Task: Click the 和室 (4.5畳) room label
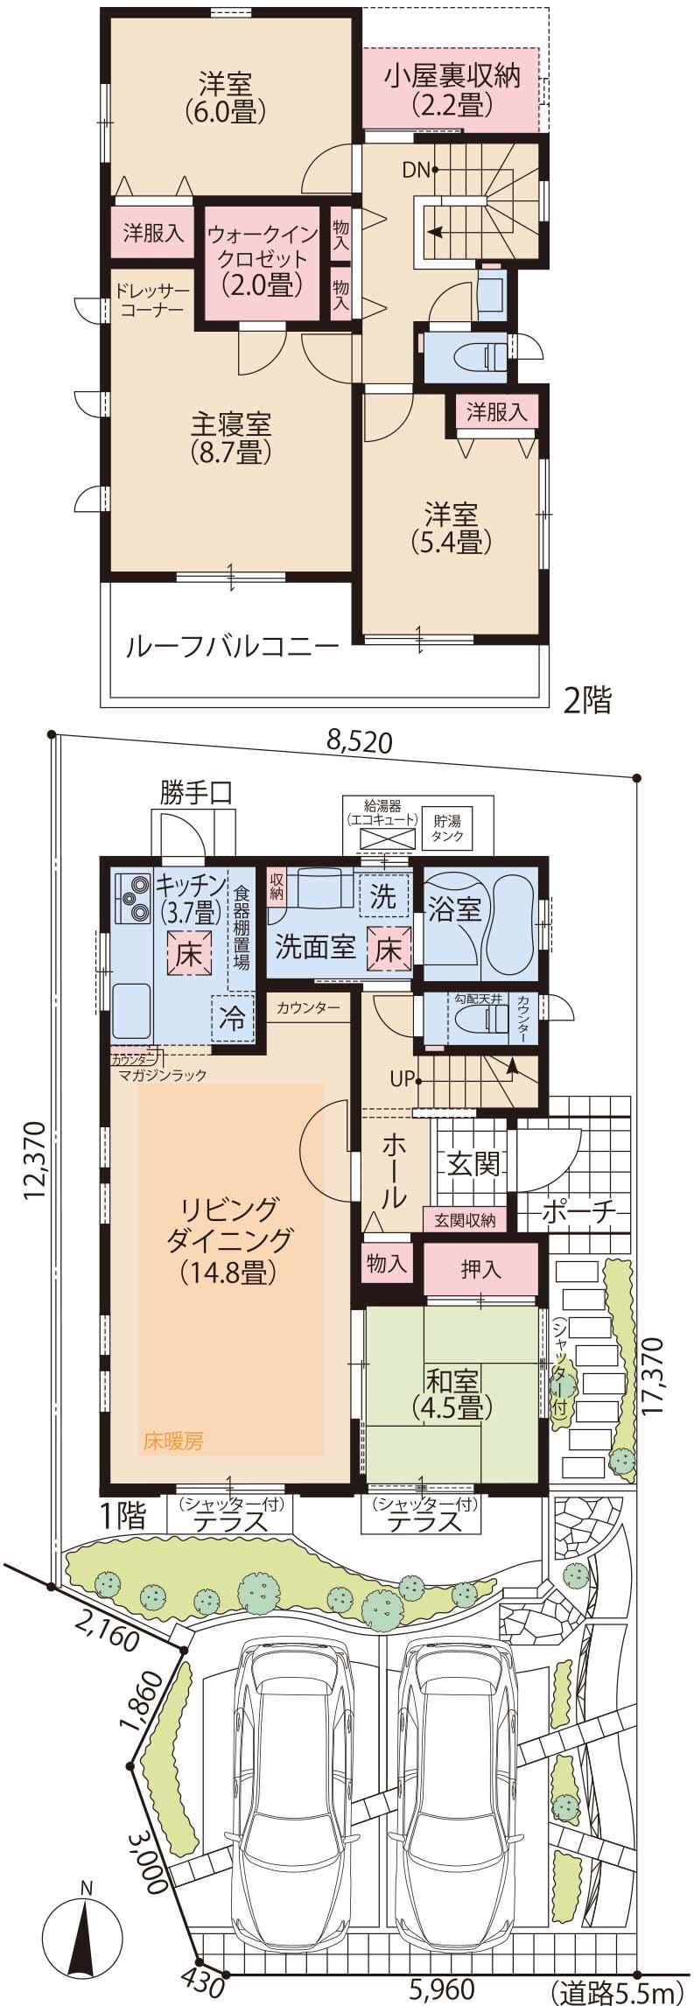pos(452,1393)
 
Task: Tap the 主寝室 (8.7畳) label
pos(231,437)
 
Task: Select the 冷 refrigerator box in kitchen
pos(232,1019)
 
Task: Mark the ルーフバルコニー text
pos(231,649)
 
